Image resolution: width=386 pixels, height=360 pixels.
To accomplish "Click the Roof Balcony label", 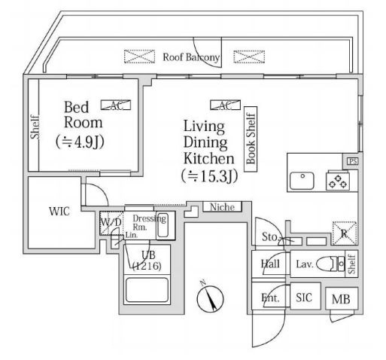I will point(191,57).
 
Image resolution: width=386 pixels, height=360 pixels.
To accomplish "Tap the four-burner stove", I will point(337,181).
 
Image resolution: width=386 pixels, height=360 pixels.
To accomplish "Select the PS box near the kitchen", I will point(351,161).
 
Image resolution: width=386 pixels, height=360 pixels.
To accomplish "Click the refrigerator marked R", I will point(345,232).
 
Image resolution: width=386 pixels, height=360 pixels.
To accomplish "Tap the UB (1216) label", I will point(145,260).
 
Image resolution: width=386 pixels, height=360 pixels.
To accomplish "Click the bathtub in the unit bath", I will point(146,291).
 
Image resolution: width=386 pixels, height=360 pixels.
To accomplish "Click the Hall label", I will point(270,264).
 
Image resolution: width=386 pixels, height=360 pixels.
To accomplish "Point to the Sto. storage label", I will point(269,238).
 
